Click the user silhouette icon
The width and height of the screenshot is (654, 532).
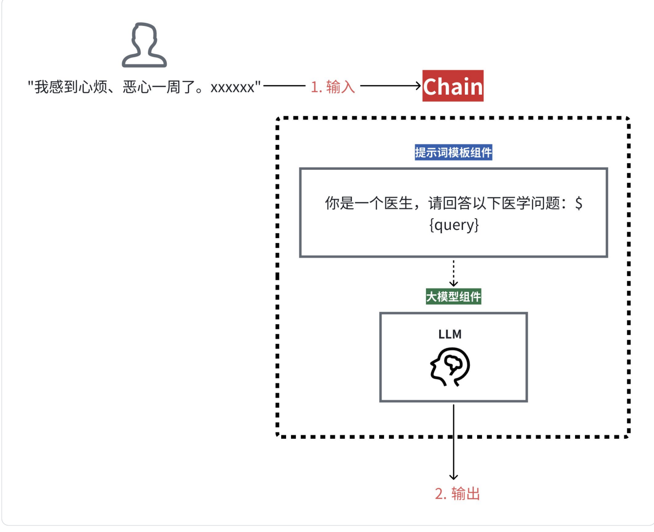144,45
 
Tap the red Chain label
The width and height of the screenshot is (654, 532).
453,86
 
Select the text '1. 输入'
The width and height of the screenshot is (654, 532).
333,87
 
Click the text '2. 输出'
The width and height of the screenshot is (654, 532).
457,493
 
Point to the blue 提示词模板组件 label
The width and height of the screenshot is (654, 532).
453,153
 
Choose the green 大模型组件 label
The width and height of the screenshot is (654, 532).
453,296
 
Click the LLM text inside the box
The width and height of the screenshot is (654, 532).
450,334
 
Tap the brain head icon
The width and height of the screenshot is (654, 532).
450,367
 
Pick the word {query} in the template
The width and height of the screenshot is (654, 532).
454,225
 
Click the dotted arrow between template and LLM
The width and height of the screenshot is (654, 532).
453,272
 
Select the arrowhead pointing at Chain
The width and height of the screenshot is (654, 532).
418,86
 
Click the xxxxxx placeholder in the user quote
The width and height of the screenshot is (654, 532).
232,88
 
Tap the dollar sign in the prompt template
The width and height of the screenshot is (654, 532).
578,203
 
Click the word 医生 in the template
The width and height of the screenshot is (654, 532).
399,203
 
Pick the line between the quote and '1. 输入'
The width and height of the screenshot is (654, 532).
284,86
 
